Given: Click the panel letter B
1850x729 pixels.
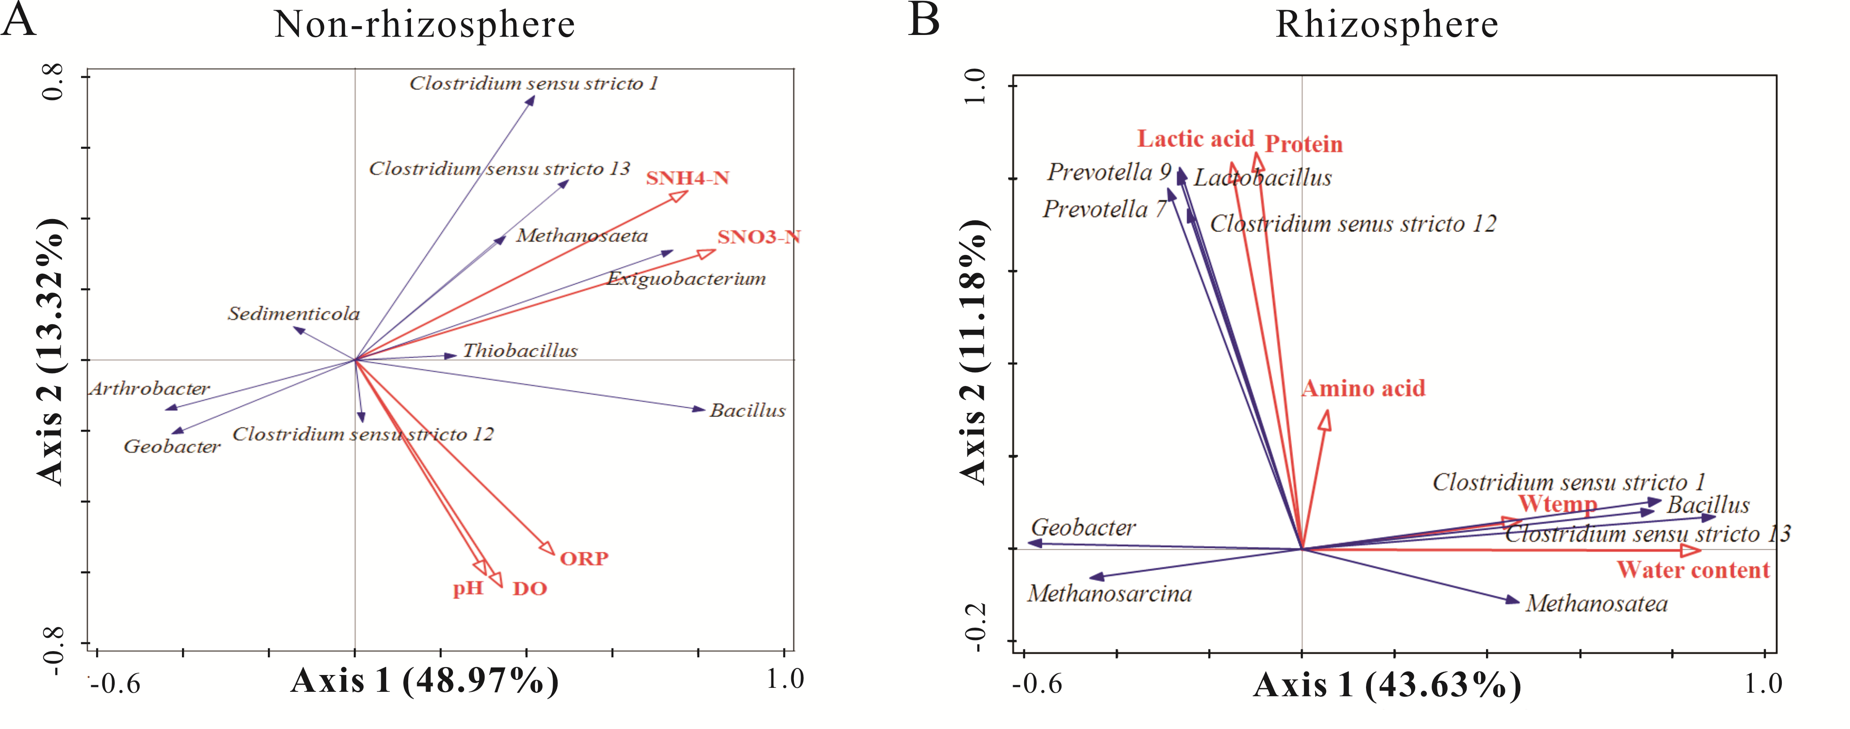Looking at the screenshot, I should coord(924,20).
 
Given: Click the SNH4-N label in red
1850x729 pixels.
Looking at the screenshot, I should coord(687,178).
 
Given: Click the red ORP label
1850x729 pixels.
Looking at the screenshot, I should coord(584,559).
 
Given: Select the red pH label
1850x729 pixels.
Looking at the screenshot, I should coord(468,589).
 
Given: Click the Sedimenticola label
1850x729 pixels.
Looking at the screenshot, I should coord(294,314).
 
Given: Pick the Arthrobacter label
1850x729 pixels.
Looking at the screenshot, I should coord(149,389).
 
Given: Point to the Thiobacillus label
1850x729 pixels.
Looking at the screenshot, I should coord(520,351).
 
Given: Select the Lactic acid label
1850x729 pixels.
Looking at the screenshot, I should coord(1195,139).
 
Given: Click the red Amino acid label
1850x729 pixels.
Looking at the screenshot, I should coord(1363,389).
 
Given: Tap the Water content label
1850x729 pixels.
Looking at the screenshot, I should coord(1693,570).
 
